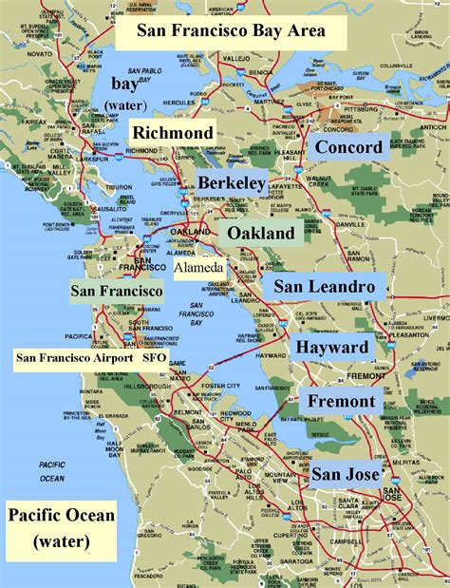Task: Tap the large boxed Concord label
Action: coord(347,147)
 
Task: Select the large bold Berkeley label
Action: coord(231,182)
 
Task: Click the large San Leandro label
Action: coord(325,286)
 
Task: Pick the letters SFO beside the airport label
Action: coord(154,358)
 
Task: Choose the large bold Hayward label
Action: coord(330,348)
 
